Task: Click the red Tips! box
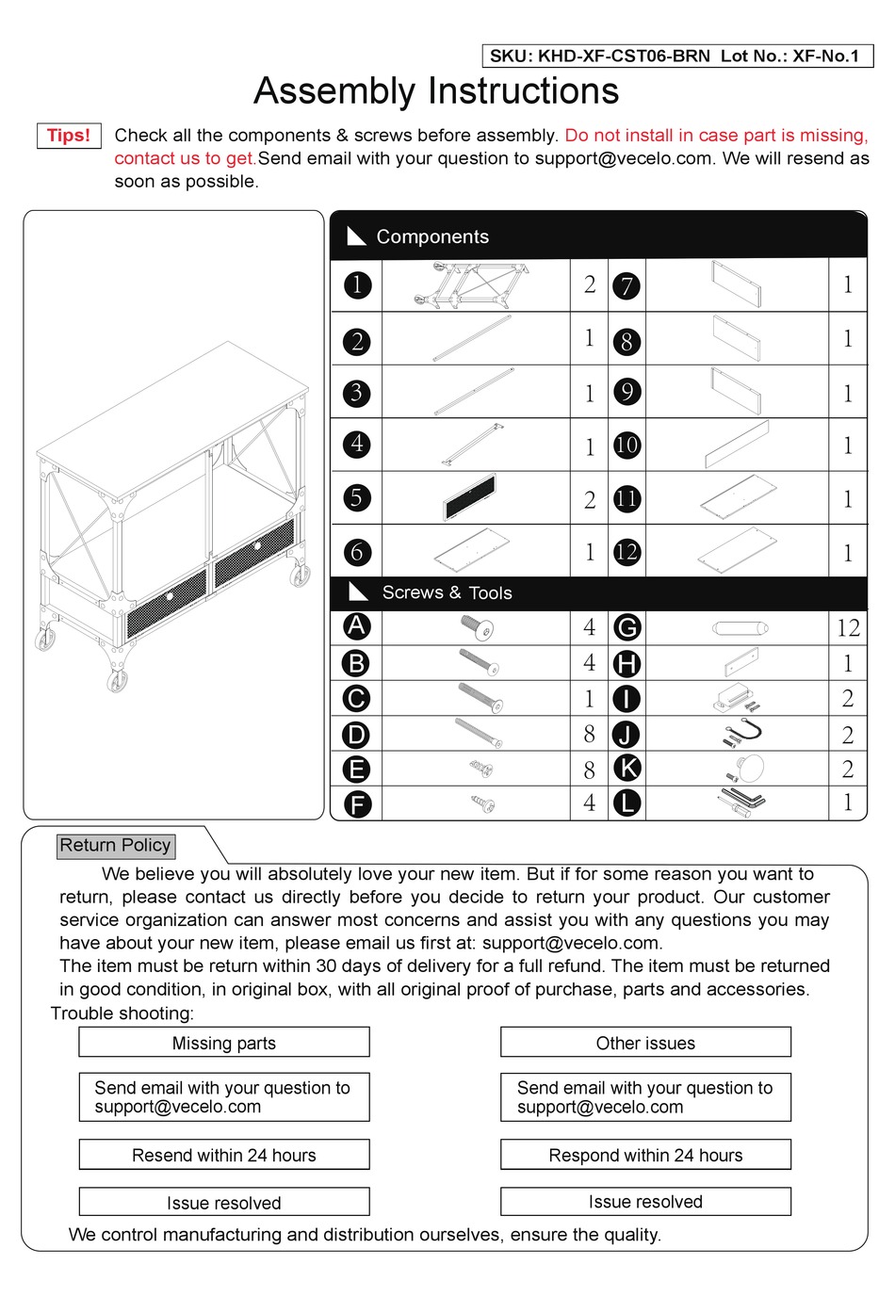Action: [x=69, y=136]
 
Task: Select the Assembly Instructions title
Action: [x=436, y=91]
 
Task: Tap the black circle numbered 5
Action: [x=356, y=497]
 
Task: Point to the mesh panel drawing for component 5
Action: [x=470, y=497]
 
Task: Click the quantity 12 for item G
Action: [x=847, y=627]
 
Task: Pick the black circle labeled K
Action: [x=626, y=769]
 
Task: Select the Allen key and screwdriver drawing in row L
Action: [x=743, y=803]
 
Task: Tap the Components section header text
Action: [x=432, y=236]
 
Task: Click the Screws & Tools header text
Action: [x=447, y=592]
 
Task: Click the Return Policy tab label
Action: [x=115, y=845]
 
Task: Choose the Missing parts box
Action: [x=224, y=1043]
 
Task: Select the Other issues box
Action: [x=645, y=1043]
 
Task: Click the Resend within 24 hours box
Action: [x=224, y=1155]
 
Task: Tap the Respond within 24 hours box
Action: [x=645, y=1155]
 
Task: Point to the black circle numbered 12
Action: [x=626, y=552]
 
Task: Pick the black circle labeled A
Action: [x=356, y=626]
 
